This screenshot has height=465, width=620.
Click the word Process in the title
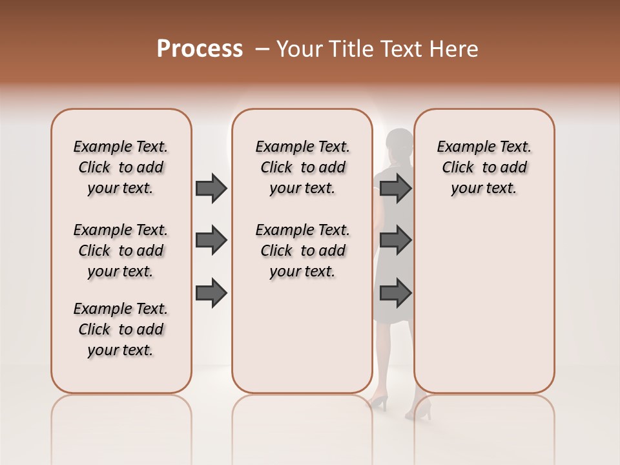coord(200,49)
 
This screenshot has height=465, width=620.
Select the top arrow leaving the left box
coord(211,188)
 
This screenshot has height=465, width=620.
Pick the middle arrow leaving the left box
coord(211,241)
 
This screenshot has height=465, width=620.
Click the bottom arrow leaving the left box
coord(211,294)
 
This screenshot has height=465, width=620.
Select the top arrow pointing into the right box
coord(395,188)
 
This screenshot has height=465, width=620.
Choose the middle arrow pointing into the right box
coord(395,241)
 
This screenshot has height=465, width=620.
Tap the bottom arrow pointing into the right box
coord(395,294)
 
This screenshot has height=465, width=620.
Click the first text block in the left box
coord(121,167)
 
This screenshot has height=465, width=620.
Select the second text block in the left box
coord(121,251)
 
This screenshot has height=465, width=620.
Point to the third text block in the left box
coord(121,329)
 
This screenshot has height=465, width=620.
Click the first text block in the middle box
coord(302,167)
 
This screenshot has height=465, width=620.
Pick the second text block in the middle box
coord(302,251)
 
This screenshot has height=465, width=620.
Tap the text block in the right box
coord(484,167)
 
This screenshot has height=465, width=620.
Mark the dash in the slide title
coord(262,49)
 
